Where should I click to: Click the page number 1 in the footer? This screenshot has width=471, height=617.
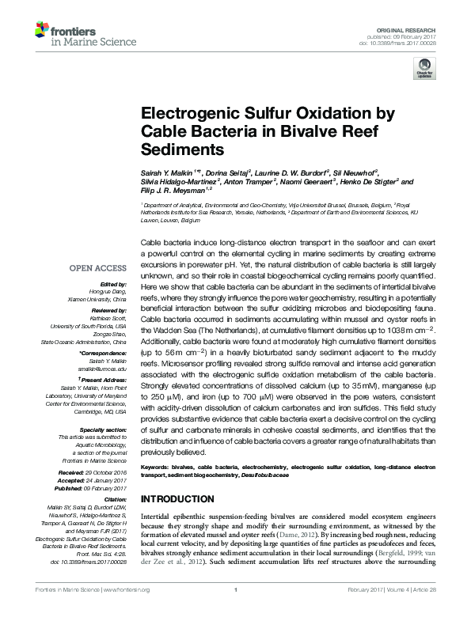click(235, 611)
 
